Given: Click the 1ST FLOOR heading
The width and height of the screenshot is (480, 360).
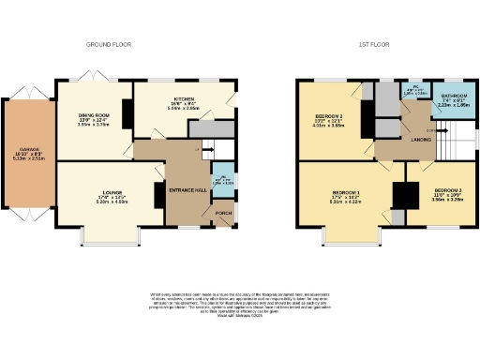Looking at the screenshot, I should click(372, 45).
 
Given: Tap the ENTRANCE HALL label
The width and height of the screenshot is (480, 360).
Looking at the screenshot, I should click(186, 190).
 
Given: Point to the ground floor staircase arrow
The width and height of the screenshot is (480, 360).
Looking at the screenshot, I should click(199, 149).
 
